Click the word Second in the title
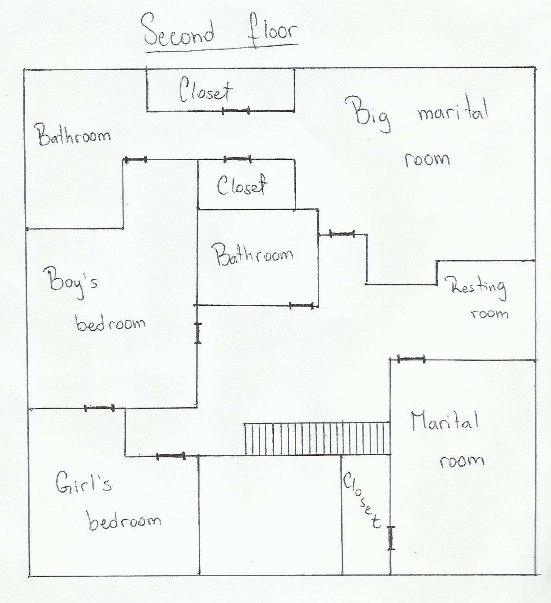179,32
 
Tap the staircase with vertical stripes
317,438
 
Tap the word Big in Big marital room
368,113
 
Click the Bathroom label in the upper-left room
72,135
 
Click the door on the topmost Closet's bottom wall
236,111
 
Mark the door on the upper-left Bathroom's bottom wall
135,159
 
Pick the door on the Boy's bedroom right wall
198,333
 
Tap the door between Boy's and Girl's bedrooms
99,408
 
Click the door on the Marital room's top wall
411,359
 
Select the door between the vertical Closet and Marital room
391,538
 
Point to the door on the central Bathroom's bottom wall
302,305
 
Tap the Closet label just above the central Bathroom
242,185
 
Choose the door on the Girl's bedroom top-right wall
171,456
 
